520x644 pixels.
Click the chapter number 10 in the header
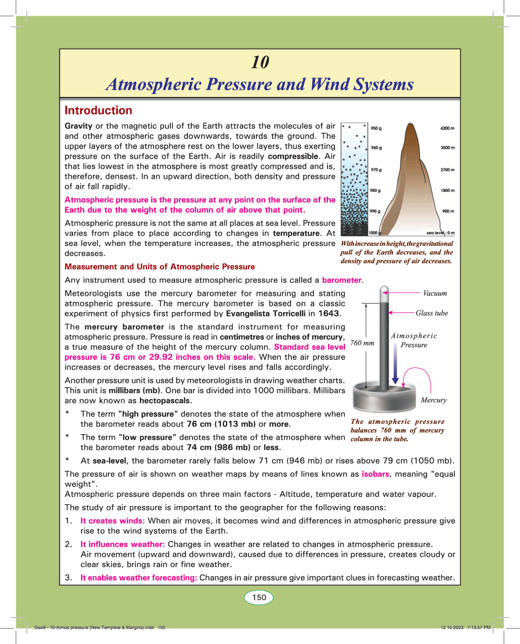tap(260, 62)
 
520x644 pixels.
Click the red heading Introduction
tap(98, 111)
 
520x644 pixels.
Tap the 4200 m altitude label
tap(447, 128)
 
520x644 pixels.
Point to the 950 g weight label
tap(376, 128)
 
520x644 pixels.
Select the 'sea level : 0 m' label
tap(440, 233)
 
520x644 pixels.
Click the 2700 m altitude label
tap(447, 170)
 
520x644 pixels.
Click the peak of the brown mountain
tap(411, 124)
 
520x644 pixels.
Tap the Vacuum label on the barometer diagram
tap(435, 293)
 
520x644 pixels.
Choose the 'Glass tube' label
tap(432, 313)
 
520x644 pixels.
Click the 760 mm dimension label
tap(362, 343)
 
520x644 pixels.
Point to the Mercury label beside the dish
tap(434, 400)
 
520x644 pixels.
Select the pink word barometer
tap(341, 280)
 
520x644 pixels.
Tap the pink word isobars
tap(375, 474)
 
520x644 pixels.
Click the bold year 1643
tap(328, 313)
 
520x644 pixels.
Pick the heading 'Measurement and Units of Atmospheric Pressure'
tap(160, 267)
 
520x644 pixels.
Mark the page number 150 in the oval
tap(259, 597)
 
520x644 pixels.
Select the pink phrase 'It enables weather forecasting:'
tap(139, 578)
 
